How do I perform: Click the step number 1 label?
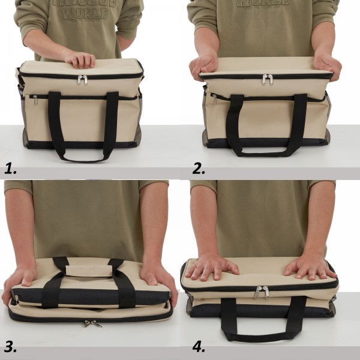pos(10,169)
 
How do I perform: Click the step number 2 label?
pos(199,169)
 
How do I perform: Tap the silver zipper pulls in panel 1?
pos(82,79)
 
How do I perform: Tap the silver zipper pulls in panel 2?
pos(268,79)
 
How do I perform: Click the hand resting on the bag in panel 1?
pos(81,59)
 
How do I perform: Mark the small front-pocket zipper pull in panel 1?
pos(35,100)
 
